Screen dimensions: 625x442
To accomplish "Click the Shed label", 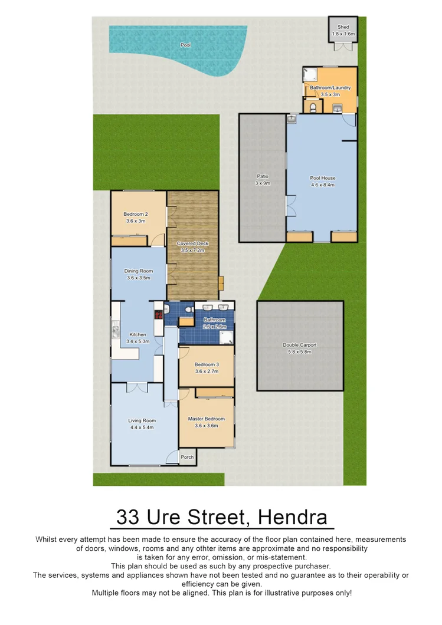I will point(343,27).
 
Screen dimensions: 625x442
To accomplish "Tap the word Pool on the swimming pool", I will point(185,45).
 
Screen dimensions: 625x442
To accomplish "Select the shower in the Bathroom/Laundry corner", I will point(310,74).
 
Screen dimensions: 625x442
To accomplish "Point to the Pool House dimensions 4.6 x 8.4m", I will point(322,185).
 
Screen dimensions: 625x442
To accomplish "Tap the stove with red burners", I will point(159,314).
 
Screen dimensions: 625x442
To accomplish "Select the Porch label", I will point(186,457).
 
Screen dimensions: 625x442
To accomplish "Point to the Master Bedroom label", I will point(206,419).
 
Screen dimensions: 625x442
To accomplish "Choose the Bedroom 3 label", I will point(207,364).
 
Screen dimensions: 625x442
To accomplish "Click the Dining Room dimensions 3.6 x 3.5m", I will point(138,278).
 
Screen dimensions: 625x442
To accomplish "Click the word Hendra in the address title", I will point(293,518).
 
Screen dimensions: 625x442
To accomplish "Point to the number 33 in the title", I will point(128,518).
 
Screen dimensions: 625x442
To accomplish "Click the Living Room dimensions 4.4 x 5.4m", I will point(142,427).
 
